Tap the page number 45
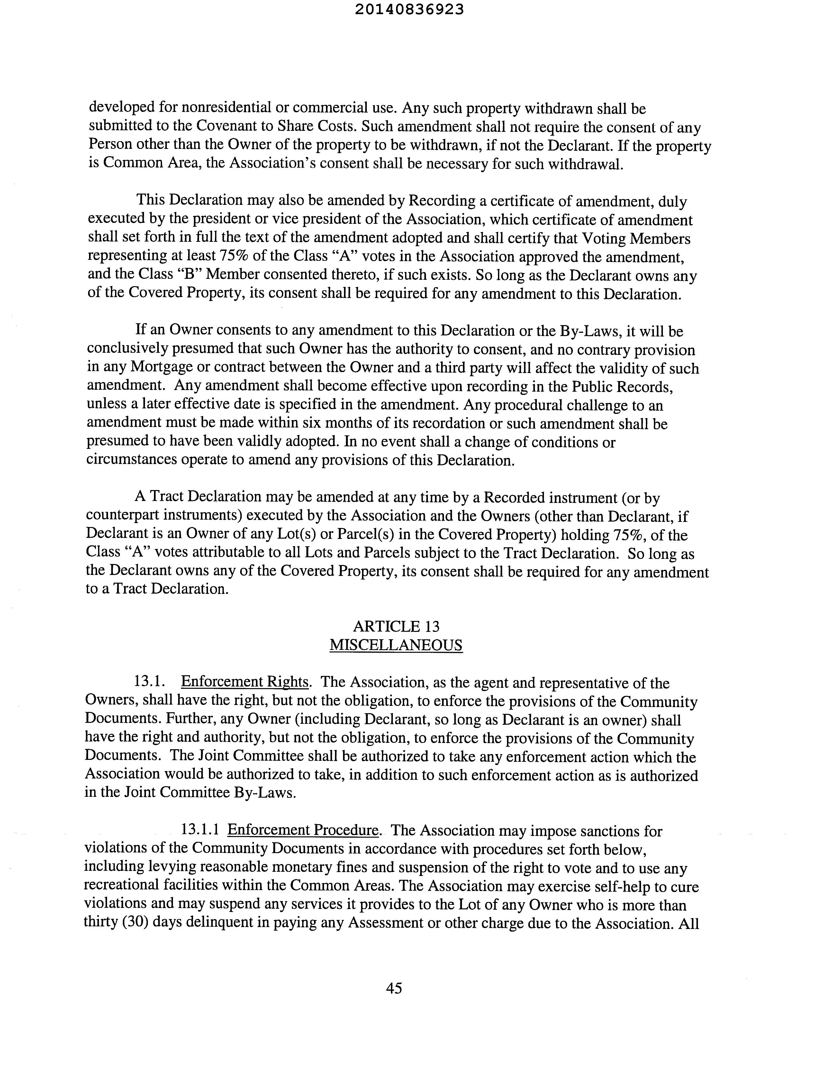point(394,988)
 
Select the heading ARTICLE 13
point(396,627)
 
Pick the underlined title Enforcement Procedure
point(303,830)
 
